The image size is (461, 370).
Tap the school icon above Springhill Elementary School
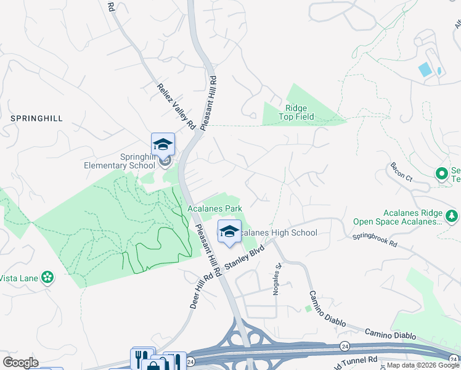(x=163, y=144)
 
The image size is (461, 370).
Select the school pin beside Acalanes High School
(x=229, y=232)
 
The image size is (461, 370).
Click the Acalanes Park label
(x=215, y=209)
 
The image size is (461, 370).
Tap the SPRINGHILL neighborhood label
(x=36, y=118)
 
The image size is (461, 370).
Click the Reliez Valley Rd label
(x=176, y=106)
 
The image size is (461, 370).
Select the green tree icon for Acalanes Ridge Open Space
(x=452, y=216)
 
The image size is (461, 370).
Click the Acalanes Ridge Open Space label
(x=398, y=217)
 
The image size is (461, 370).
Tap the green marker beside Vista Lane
(x=47, y=277)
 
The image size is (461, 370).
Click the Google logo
(x=20, y=363)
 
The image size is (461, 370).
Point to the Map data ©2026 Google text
(x=422, y=365)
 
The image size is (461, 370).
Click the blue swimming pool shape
(x=425, y=70)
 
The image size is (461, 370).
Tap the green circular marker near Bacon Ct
(x=441, y=174)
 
